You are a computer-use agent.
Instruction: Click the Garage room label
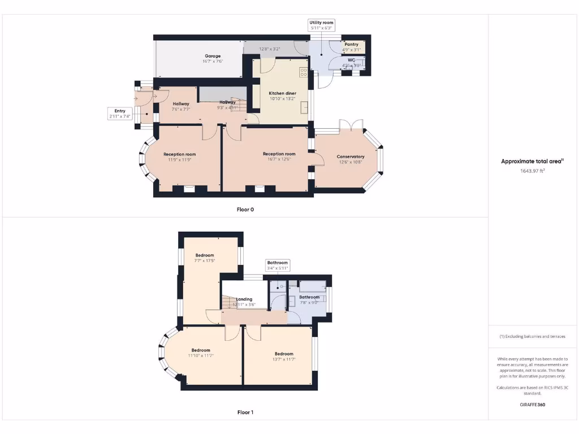click(x=213, y=56)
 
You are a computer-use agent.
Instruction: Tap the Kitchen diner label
click(x=282, y=93)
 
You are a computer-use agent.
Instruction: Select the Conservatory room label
click(x=351, y=157)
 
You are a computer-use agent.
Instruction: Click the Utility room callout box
click(x=322, y=25)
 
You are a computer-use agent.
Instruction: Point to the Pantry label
click(x=352, y=44)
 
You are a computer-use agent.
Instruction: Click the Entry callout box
click(x=120, y=114)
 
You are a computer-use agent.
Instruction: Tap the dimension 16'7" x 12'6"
click(x=279, y=159)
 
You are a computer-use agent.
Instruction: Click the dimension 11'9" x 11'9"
click(x=180, y=160)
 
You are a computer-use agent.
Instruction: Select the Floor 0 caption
click(x=245, y=210)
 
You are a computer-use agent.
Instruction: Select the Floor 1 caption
click(x=245, y=413)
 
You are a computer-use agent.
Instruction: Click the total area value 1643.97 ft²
click(x=532, y=170)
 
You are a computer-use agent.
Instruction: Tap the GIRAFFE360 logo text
click(x=532, y=405)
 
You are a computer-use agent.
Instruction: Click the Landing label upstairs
click(x=244, y=299)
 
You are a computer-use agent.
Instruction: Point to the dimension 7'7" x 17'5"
click(x=205, y=261)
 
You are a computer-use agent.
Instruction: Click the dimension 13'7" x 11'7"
click(x=284, y=359)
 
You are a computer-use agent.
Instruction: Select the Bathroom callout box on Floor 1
click(x=278, y=266)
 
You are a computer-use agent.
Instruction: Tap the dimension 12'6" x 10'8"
click(x=351, y=162)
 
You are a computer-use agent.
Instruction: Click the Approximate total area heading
click(x=532, y=162)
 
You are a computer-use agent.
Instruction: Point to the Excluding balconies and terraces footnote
click(x=532, y=336)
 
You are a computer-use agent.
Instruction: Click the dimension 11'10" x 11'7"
click(x=201, y=355)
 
